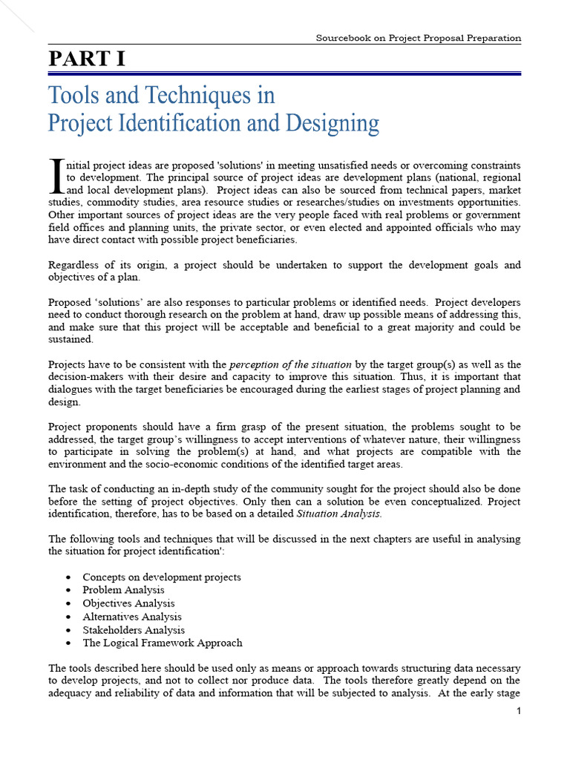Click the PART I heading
(x=87, y=59)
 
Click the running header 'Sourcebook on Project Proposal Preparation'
(x=419, y=38)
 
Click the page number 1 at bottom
(x=519, y=712)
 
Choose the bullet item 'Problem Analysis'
(x=123, y=590)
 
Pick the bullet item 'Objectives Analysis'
(x=128, y=603)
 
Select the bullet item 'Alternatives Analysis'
(x=131, y=617)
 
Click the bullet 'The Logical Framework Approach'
(x=162, y=643)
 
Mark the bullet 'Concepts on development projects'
(x=161, y=577)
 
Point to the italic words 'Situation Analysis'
(x=338, y=513)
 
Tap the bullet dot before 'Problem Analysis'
(x=68, y=590)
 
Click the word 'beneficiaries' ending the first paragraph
(x=243, y=240)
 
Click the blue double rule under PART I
(x=284, y=73)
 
